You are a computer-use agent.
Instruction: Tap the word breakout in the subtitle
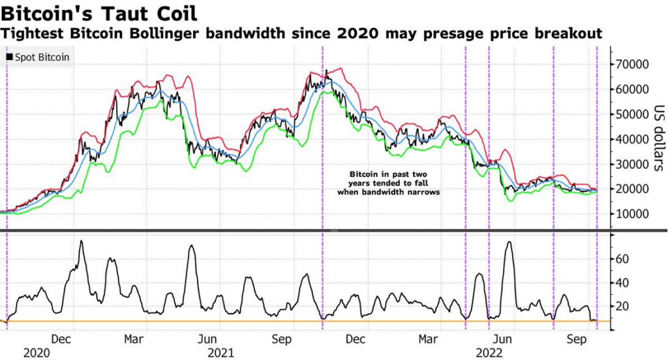[x=568, y=33]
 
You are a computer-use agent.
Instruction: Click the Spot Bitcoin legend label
[x=41, y=57]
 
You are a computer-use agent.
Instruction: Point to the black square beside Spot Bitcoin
[x=8, y=57]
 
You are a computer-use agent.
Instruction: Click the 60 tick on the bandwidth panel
[x=624, y=259]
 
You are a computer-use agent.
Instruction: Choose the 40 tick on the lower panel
[x=624, y=282]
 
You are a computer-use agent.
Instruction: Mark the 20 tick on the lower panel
[x=624, y=306]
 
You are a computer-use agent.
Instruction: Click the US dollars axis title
[x=658, y=137]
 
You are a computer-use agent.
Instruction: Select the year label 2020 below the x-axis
[x=37, y=353]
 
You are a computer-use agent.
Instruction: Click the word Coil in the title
[x=175, y=13]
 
